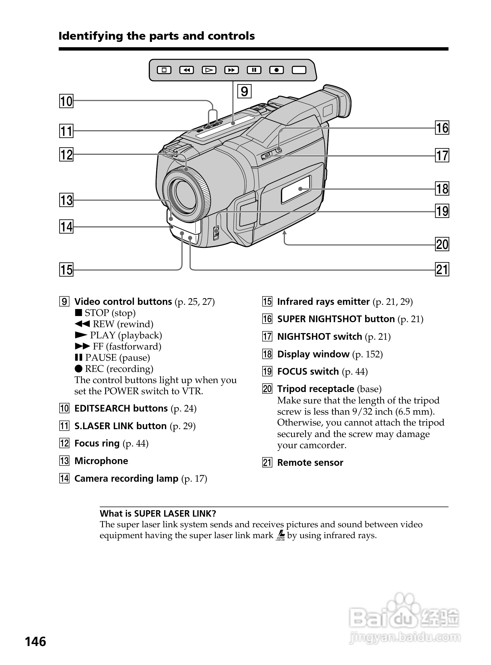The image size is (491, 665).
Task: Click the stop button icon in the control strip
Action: coord(164,70)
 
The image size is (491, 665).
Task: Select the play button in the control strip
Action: coord(209,70)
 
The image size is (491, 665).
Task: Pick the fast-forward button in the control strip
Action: coord(232,70)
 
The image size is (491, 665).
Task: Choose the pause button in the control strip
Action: coord(254,70)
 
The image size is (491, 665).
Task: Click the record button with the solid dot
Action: coord(277,70)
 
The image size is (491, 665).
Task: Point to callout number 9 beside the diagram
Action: coord(244,91)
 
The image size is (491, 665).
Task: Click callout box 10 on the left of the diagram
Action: coord(66,101)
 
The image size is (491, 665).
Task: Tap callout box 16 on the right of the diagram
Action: coord(442,128)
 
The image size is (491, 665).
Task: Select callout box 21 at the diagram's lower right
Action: coord(442,269)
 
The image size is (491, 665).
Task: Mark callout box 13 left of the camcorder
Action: coord(66,200)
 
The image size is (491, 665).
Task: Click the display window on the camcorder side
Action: coord(296,189)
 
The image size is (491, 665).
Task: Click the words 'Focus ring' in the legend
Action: coord(97,443)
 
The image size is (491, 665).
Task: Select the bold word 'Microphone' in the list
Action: coord(101,461)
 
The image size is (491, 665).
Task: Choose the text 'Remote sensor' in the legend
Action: coord(310,462)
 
